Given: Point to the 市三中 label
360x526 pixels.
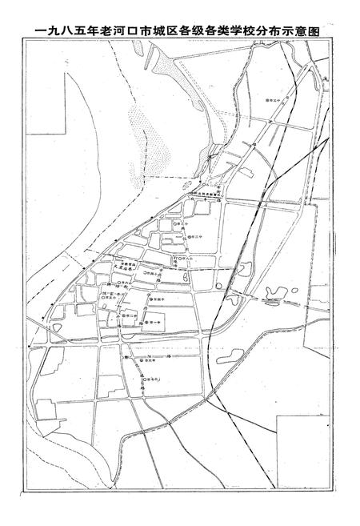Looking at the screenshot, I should click(x=199, y=238).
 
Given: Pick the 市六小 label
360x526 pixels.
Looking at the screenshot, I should click(x=124, y=283).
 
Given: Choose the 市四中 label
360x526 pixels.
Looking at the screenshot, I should click(x=158, y=299).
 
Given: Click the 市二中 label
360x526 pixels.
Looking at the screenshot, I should click(x=130, y=315).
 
